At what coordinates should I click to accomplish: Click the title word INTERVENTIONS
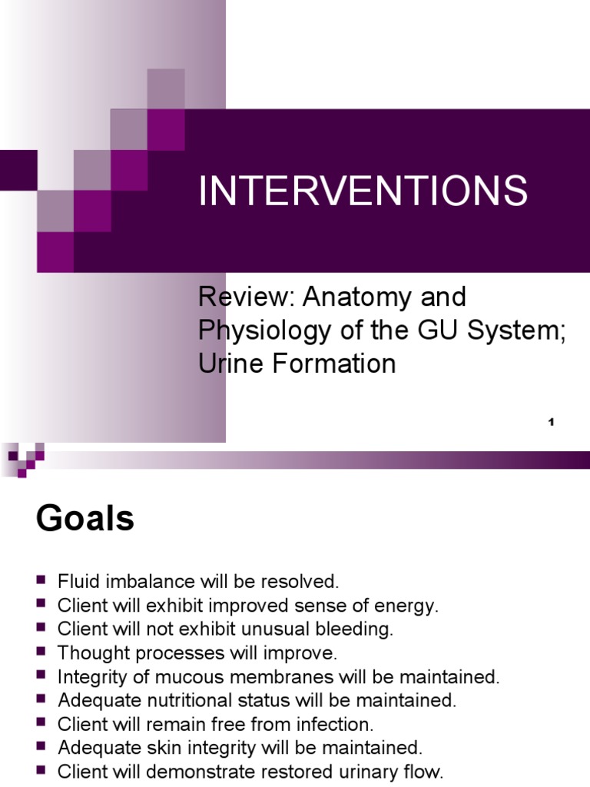point(363,191)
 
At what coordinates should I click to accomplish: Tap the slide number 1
point(552,423)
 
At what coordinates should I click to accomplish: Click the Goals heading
point(85,520)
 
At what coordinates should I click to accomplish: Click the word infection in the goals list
point(335,725)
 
